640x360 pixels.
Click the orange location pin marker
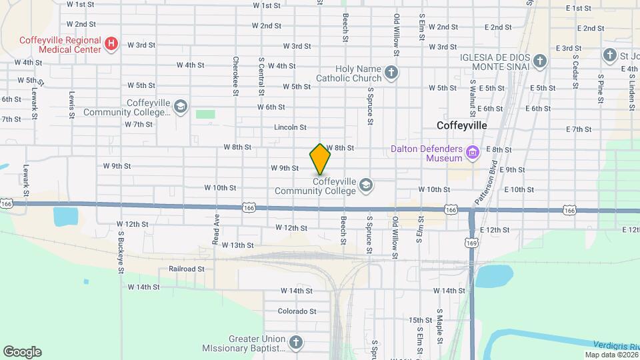tap(321, 159)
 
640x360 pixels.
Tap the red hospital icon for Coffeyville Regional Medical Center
tap(112, 45)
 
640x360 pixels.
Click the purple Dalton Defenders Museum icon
tap(473, 154)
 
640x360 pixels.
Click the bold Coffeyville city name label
tap(462, 125)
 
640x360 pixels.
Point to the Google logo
tap(22, 352)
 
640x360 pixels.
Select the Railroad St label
tap(186, 269)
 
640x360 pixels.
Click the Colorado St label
tap(297, 311)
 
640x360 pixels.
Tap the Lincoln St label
tap(290, 127)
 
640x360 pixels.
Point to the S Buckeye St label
tap(121, 252)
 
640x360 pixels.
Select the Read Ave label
tap(216, 229)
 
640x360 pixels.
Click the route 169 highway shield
tap(472, 243)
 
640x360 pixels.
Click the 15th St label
tap(421, 320)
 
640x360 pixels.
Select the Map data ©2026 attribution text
tap(610, 354)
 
